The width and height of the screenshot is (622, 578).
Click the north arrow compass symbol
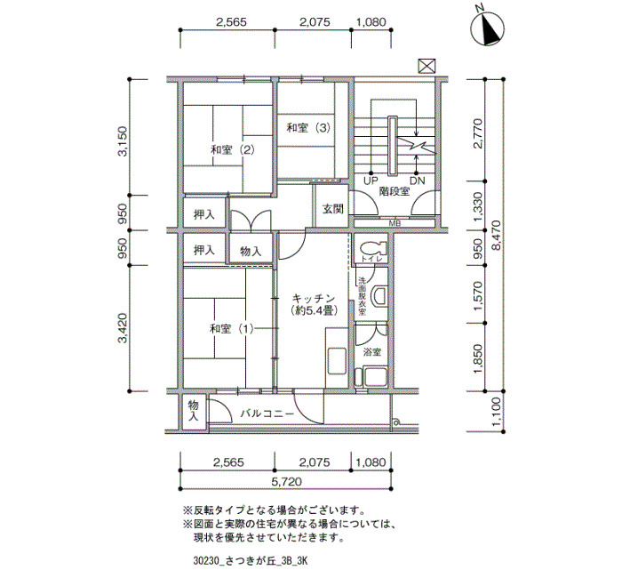487,27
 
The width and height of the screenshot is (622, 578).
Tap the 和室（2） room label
233,150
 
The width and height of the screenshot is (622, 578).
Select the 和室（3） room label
308,128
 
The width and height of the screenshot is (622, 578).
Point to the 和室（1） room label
232,329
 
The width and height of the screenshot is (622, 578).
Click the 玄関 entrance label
332,209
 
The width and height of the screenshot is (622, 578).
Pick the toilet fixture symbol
374,248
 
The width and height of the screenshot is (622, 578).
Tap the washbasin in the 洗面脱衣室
379,296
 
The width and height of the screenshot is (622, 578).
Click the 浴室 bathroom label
372,352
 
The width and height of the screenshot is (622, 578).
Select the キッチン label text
314,299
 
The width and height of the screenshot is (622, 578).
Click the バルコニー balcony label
267,413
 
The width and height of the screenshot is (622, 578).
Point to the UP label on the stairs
371,181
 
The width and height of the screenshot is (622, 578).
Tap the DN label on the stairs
417,181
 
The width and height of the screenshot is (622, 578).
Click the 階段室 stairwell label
395,192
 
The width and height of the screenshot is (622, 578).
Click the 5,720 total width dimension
286,482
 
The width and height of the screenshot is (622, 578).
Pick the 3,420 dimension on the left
123,328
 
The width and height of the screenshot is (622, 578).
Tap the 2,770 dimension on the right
478,133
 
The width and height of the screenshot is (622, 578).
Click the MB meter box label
395,223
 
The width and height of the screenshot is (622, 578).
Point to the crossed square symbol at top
427,66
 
